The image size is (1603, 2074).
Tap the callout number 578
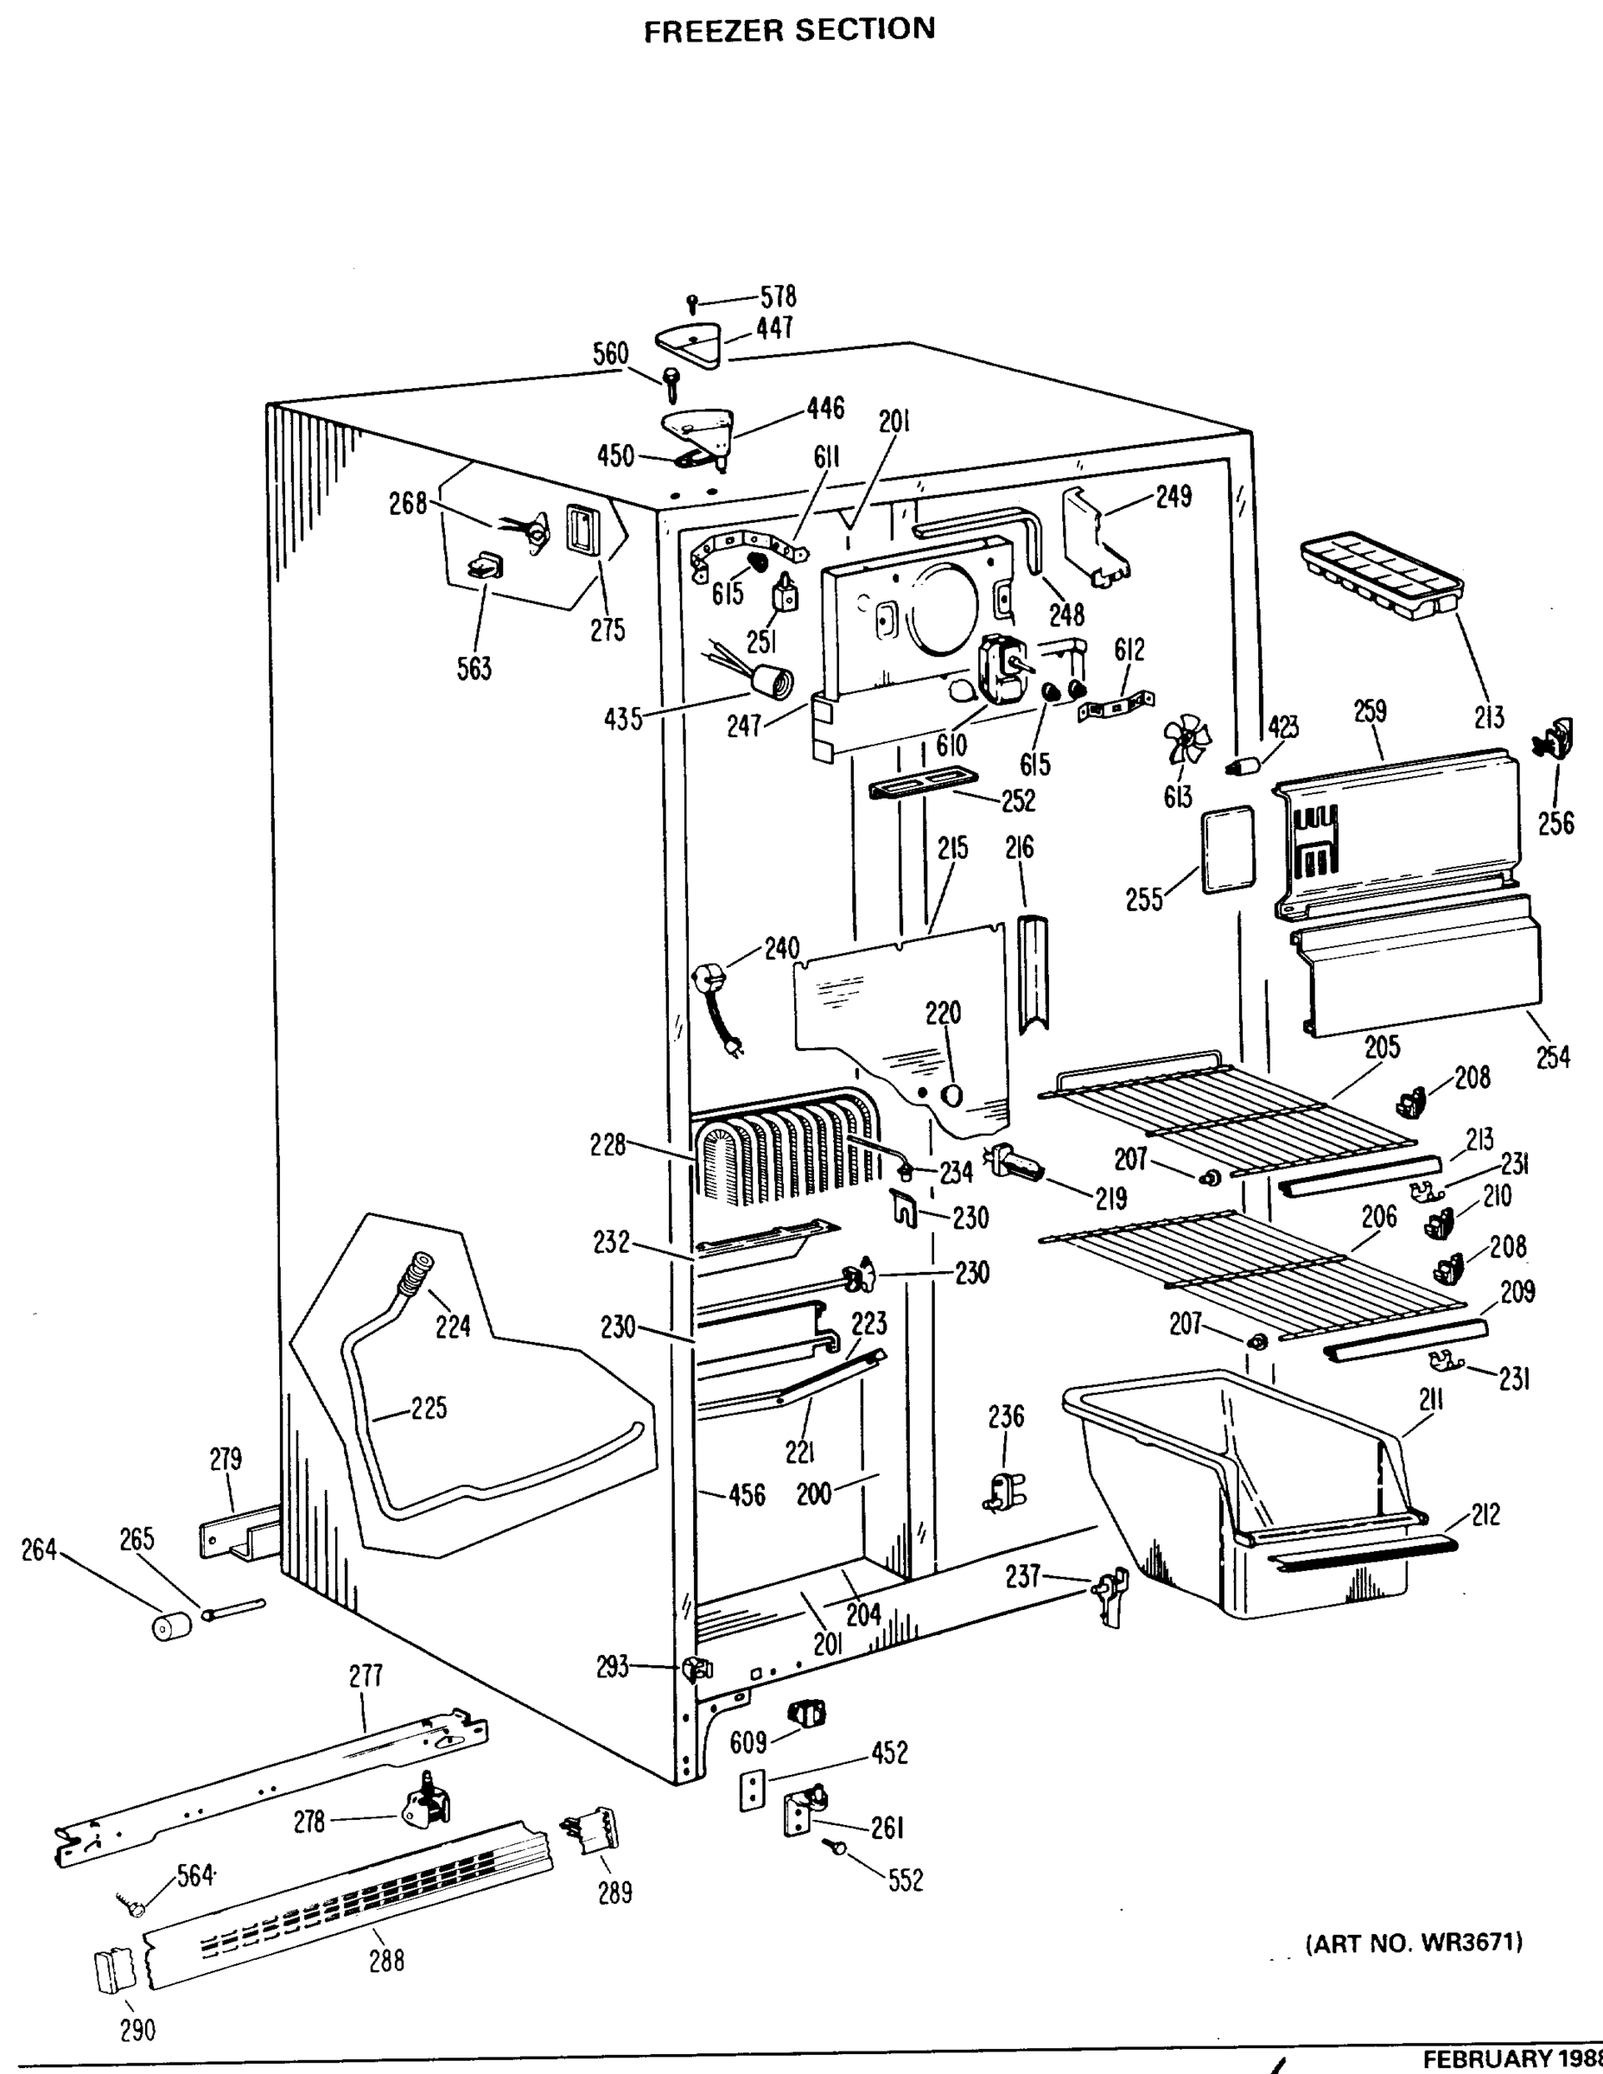pyautogui.click(x=778, y=296)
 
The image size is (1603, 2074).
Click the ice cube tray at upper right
pyautogui.click(x=1376, y=576)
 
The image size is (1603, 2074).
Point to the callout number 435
pyautogui.click(x=623, y=720)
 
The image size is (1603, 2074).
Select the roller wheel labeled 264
pyautogui.click(x=172, y=1625)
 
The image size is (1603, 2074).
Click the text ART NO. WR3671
pyautogui.click(x=1414, y=1943)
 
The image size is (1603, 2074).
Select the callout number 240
pyautogui.click(x=781, y=948)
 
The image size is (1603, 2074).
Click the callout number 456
pyautogui.click(x=746, y=1496)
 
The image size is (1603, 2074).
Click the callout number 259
pyautogui.click(x=1371, y=711)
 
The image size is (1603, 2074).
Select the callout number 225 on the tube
pyautogui.click(x=429, y=1409)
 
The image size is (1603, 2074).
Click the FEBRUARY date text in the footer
pyautogui.click(x=1510, y=2058)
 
